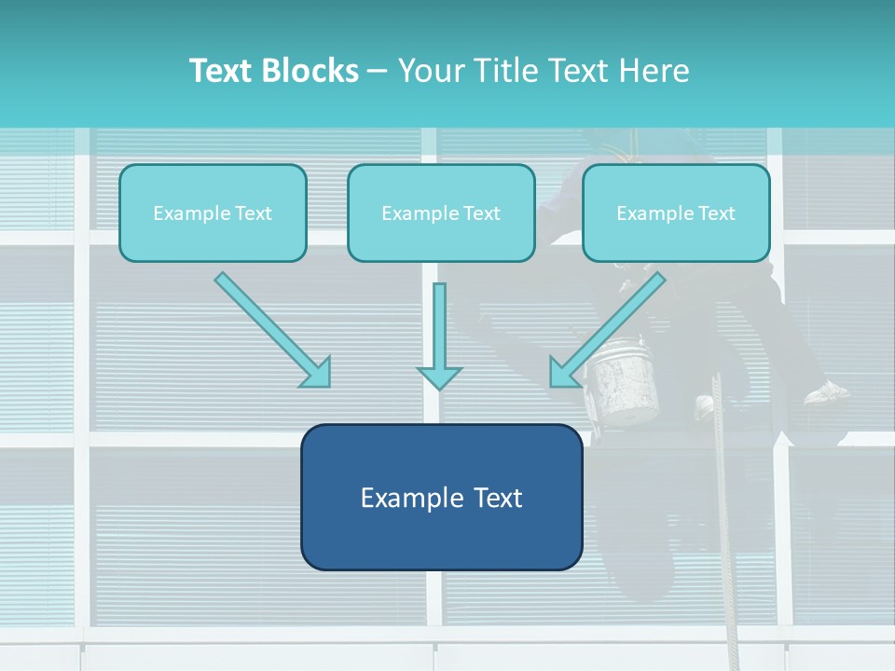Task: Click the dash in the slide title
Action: click(378, 72)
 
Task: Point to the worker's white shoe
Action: click(827, 392)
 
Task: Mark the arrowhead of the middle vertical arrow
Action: click(439, 377)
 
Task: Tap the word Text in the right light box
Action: click(716, 213)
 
